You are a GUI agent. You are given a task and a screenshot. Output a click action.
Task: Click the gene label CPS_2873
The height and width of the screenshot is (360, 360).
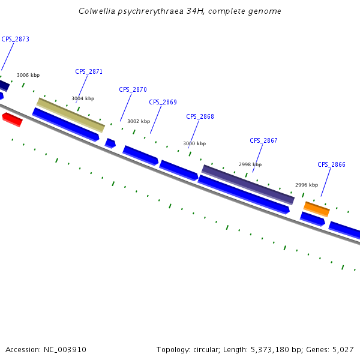click(x=15, y=39)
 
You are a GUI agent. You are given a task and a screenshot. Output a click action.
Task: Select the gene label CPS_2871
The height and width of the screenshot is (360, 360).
click(x=89, y=71)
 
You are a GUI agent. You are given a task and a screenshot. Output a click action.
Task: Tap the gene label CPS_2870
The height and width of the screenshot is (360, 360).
click(x=133, y=89)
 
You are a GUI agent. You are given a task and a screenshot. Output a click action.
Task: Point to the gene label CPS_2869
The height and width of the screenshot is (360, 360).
click(x=163, y=102)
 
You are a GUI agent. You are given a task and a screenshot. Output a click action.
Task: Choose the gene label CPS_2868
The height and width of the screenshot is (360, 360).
click(x=200, y=116)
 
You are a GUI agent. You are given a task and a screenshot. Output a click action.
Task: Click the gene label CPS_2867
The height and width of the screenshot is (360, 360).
click(x=263, y=140)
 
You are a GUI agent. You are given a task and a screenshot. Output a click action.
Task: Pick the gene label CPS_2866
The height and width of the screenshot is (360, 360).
click(x=331, y=164)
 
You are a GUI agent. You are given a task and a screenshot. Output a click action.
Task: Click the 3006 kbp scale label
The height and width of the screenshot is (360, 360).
click(x=28, y=75)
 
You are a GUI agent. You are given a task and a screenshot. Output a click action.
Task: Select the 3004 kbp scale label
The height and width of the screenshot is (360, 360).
click(x=83, y=98)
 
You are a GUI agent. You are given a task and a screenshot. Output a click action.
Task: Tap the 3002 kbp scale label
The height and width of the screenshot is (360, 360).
click(x=139, y=121)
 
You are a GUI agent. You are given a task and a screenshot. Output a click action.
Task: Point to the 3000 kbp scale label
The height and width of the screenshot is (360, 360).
click(x=194, y=143)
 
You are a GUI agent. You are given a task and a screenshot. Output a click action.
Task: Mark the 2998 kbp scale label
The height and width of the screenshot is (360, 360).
click(x=250, y=164)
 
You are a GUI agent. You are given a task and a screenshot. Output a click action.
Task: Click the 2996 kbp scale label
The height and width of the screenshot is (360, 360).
click(x=307, y=185)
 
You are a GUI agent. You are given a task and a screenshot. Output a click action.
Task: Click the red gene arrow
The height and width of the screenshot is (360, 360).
click(x=12, y=119)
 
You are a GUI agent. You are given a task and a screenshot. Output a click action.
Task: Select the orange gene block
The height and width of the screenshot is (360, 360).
click(x=316, y=209)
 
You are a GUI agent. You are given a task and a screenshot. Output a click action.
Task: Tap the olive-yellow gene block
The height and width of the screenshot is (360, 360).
click(x=71, y=115)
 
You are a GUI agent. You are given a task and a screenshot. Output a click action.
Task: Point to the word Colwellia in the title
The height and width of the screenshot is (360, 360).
click(x=99, y=11)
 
